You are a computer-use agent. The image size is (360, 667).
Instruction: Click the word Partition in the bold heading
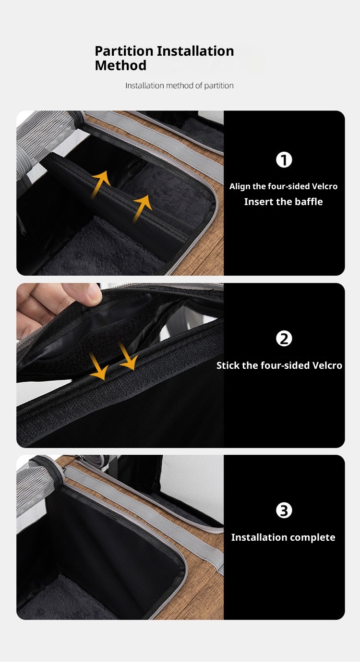124,51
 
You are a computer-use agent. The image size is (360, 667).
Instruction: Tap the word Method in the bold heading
120,65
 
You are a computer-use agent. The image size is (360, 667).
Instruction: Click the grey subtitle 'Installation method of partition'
180,86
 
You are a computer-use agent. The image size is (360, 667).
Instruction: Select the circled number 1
284,160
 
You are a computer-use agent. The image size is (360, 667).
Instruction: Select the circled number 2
284,339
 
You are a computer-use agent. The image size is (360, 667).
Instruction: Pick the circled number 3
284,510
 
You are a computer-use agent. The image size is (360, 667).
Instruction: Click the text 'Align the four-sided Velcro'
283,186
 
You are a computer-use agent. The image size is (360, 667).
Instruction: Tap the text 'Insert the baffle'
283,202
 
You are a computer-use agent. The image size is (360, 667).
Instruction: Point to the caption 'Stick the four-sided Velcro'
279,365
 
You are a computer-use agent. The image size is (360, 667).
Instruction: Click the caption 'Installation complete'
283,537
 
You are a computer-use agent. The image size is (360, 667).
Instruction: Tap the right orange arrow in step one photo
142,208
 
